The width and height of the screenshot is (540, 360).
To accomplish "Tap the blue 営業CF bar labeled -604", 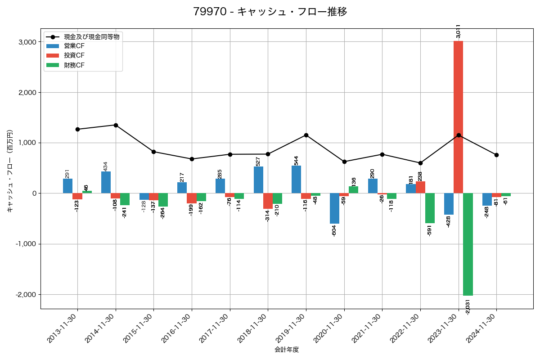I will [334, 208].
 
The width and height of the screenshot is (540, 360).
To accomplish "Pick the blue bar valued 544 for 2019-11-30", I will [296, 180].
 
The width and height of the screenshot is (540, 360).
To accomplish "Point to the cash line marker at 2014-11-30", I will [116, 125].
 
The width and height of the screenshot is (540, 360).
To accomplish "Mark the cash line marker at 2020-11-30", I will [344, 162].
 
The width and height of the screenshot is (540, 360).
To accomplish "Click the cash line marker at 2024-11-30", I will [496, 155].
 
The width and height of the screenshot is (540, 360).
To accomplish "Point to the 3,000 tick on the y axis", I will [27, 42].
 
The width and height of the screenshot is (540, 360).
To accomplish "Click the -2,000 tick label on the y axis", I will [26, 295].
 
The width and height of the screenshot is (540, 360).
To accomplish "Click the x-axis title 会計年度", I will [287, 350].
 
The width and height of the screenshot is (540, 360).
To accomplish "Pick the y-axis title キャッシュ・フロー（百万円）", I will [10, 171].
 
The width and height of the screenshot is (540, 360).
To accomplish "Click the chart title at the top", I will [270, 12].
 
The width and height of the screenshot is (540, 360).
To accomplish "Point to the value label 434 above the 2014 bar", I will [105, 166].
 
